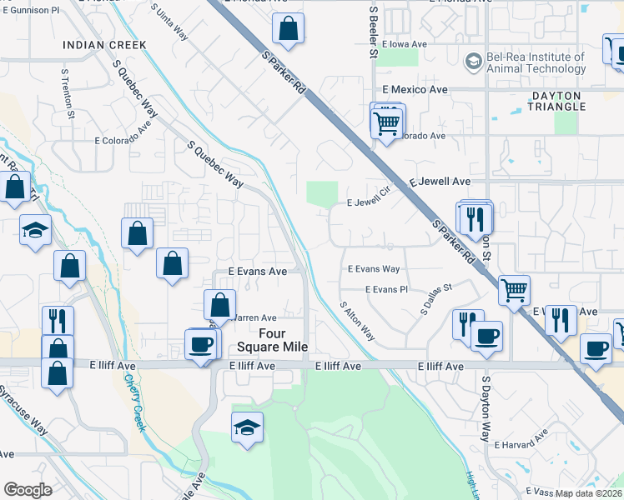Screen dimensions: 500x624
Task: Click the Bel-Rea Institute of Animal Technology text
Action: (536, 63)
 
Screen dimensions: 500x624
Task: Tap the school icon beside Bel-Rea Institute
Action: (473, 62)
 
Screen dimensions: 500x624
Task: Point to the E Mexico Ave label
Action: (415, 89)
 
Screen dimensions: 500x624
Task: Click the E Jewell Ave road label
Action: (440, 181)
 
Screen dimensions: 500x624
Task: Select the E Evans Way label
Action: (374, 269)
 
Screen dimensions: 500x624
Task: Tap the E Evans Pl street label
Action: (385, 289)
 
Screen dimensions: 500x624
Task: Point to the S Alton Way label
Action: (357, 321)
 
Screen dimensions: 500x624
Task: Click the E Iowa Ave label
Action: (405, 45)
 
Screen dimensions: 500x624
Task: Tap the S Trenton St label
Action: (67, 92)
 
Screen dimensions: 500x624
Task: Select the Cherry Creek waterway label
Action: (136, 402)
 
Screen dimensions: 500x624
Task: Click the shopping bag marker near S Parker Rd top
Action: (287, 30)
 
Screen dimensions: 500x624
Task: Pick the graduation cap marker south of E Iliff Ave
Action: (248, 428)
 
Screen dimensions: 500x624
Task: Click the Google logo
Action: (28, 490)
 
